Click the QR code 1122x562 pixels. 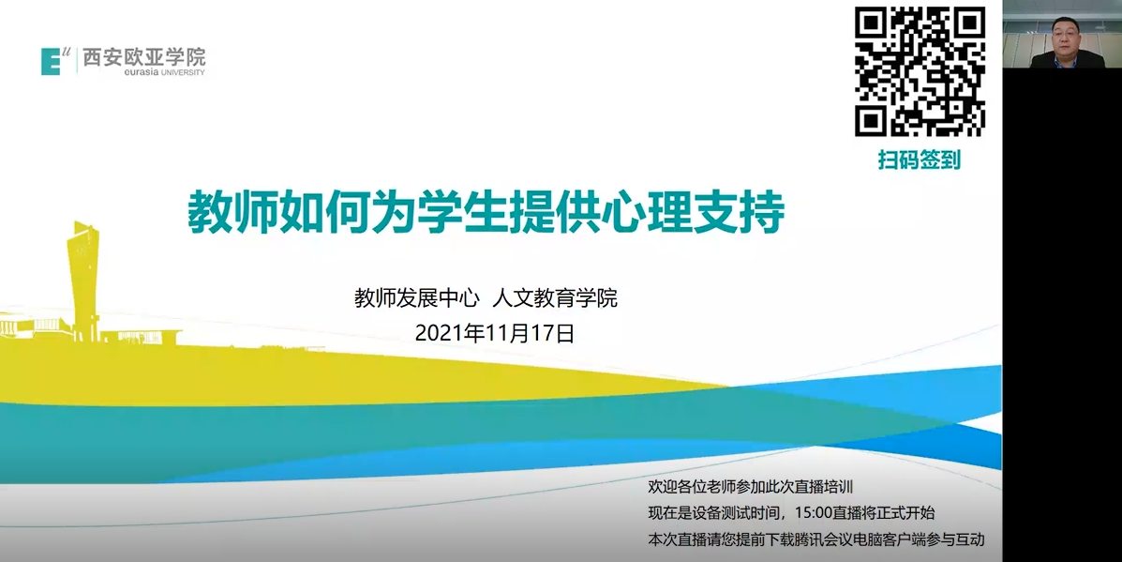[920, 71]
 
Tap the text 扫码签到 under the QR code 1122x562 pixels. [920, 159]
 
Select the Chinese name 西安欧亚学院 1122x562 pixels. [143, 57]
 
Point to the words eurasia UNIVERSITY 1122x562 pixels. [165, 72]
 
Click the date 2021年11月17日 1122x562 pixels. [495, 333]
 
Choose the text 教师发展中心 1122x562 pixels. [416, 297]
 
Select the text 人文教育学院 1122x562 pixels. [555, 297]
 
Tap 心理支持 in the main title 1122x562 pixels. [693, 212]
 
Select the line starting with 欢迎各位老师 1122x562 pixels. [751, 487]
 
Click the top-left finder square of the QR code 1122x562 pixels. [871, 23]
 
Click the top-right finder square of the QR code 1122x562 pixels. [969, 23]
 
